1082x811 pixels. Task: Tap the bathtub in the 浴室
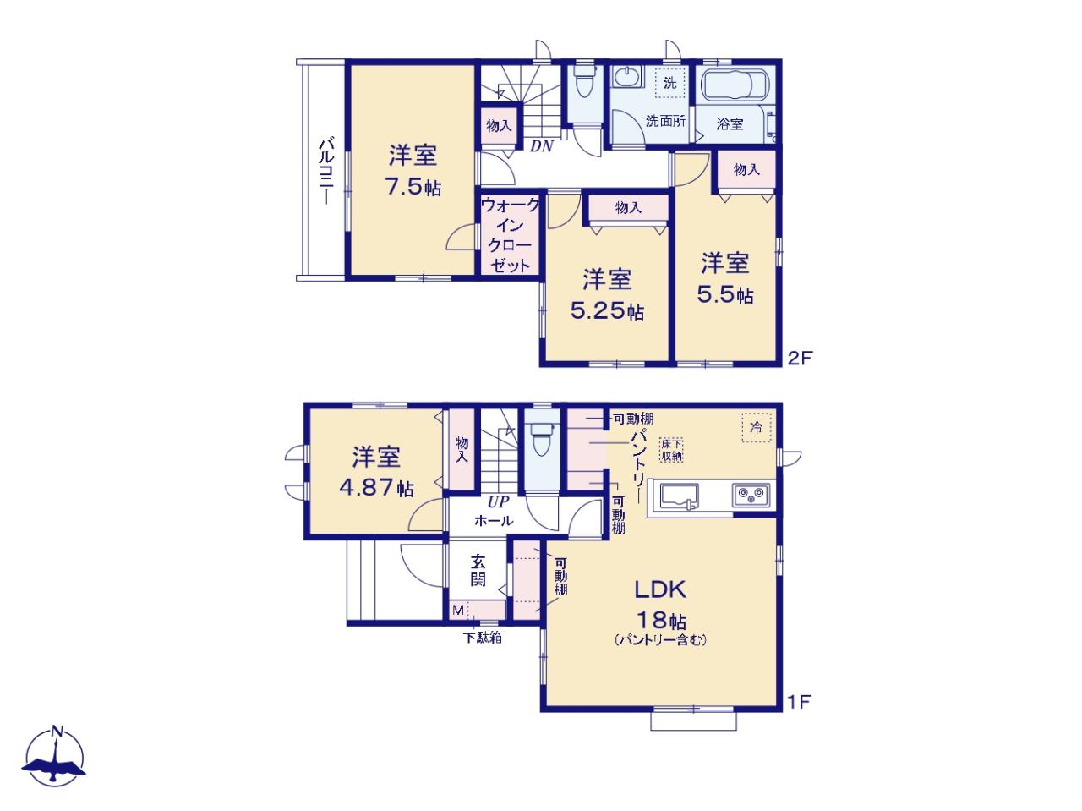pos(735,85)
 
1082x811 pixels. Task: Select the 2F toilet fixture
pos(585,82)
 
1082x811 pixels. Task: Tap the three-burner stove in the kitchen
pos(751,495)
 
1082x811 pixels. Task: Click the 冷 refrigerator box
pos(757,428)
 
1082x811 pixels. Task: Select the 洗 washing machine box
pos(669,82)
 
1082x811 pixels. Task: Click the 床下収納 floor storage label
pos(671,450)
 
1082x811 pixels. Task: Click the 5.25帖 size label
pos(607,311)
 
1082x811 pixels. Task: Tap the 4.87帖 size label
pos(376,488)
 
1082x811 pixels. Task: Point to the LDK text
pos(659,589)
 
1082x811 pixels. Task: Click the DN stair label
pos(541,146)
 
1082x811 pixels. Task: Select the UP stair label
pos(498,501)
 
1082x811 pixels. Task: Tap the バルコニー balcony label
pos(327,171)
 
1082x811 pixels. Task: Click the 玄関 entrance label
pos(478,570)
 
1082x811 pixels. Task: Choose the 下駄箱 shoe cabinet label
pos(482,637)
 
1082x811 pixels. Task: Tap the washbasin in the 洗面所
pos(627,78)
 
